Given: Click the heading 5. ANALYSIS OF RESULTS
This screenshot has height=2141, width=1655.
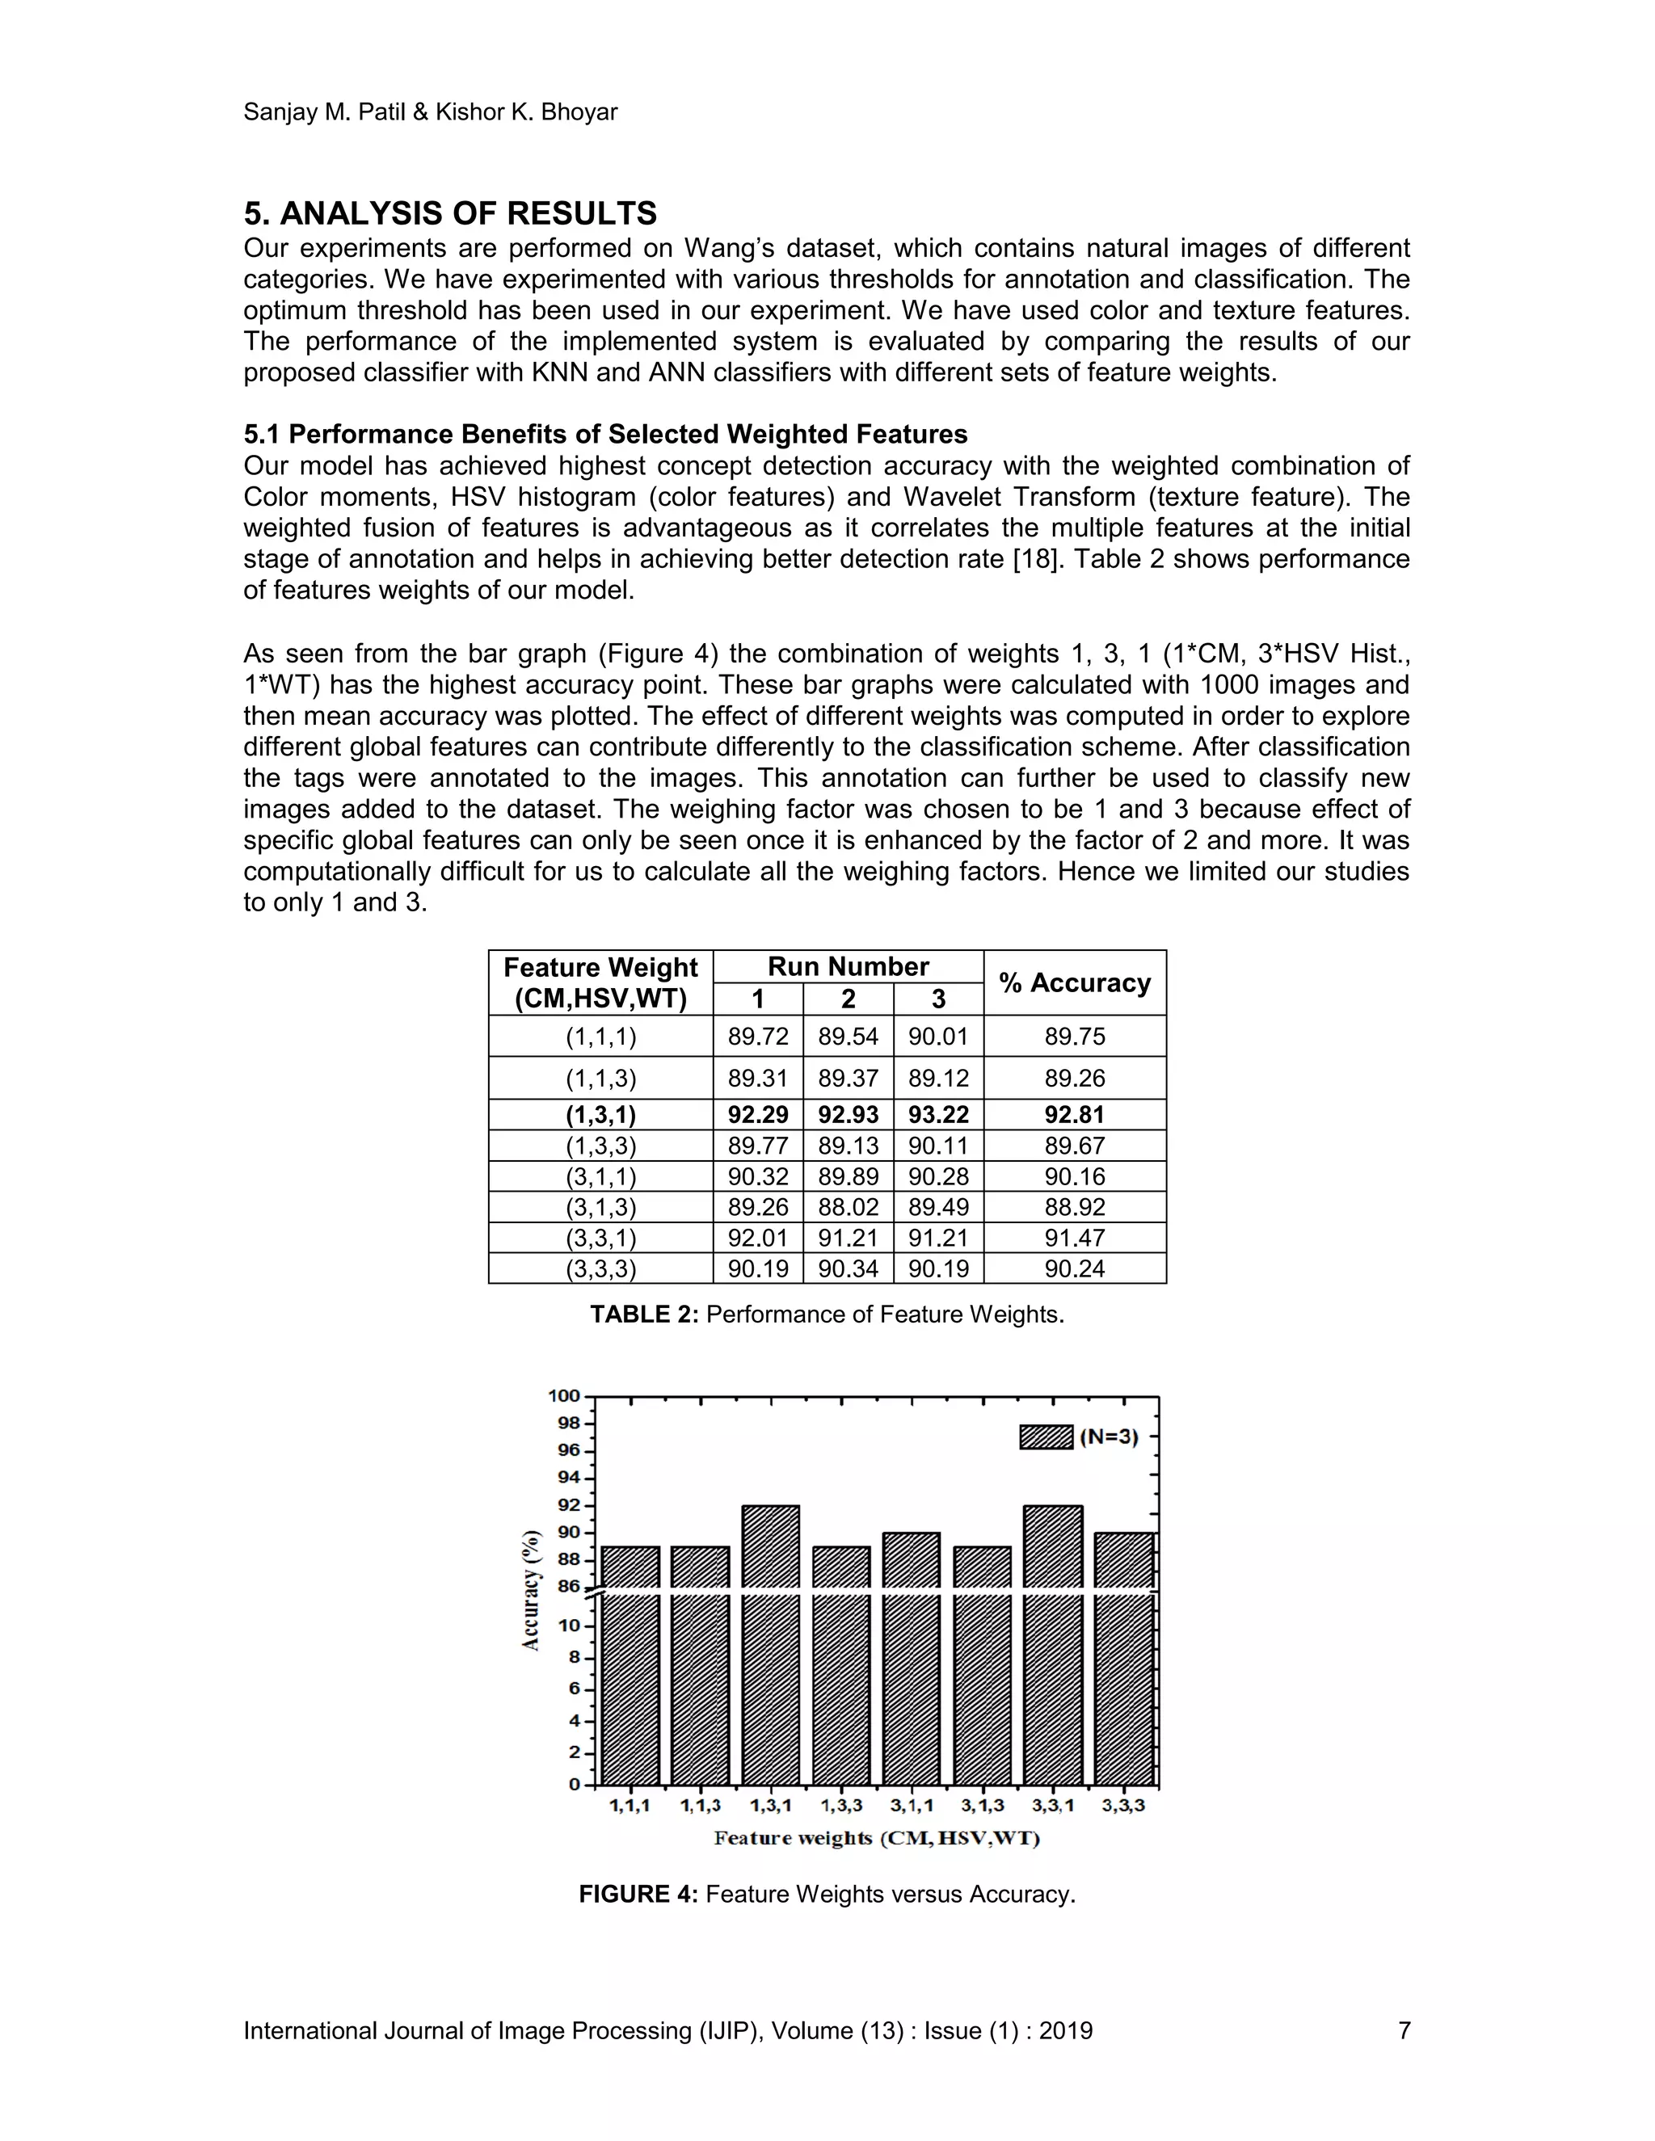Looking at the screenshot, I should [x=450, y=214].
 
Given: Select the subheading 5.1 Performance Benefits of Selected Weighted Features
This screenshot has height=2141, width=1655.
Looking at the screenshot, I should [x=605, y=435].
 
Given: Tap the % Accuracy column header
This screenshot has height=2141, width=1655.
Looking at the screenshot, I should [x=1075, y=982].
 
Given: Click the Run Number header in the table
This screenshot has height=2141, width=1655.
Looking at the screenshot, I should [x=848, y=966].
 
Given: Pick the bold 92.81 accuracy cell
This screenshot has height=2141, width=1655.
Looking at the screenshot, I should [x=1075, y=1115].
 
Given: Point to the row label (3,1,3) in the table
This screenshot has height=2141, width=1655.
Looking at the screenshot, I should [x=600, y=1207].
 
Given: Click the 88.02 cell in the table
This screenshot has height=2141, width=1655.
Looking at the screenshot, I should [x=848, y=1207].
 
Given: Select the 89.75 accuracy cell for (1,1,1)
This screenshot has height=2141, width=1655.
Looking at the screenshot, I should [x=1075, y=1037].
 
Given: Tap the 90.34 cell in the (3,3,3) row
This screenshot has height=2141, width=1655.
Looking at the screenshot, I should [x=848, y=1268].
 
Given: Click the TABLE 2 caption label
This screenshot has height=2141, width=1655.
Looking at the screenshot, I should [x=644, y=1314].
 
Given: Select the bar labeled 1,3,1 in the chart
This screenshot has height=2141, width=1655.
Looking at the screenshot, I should [x=771, y=1647].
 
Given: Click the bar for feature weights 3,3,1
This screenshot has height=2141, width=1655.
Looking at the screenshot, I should [x=1053, y=1647].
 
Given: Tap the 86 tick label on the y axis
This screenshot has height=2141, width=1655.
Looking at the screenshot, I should [x=569, y=1585].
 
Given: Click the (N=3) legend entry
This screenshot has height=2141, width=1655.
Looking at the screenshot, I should [x=1080, y=1438].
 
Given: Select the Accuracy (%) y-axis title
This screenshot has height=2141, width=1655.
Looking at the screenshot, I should [x=532, y=1589].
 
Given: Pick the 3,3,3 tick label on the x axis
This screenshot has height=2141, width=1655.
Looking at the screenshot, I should [x=1123, y=1806].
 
